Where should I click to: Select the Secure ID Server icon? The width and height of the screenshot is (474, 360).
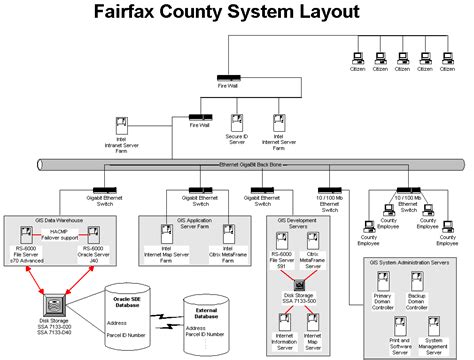pyautogui.click(x=237, y=124)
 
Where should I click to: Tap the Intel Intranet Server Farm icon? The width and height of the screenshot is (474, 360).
pyautogui.click(x=120, y=125)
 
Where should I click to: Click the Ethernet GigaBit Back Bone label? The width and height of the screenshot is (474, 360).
pyautogui.click(x=255, y=163)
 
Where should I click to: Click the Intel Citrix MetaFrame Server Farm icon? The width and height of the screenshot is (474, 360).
pyautogui.click(x=229, y=230)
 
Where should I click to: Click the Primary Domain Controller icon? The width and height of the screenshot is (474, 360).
pyautogui.click(x=380, y=283)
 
